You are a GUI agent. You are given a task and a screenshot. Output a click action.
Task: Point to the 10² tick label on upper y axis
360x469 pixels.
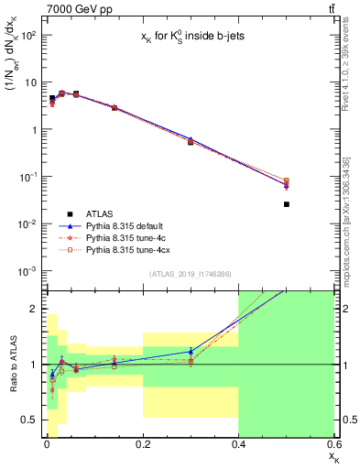pyautogui.click(x=28, y=35)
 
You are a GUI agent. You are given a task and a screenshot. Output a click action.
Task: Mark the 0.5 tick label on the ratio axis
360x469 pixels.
pyautogui.click(x=30, y=420)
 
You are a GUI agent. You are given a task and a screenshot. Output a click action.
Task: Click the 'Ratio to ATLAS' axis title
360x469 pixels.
pyautogui.click(x=13, y=364)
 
